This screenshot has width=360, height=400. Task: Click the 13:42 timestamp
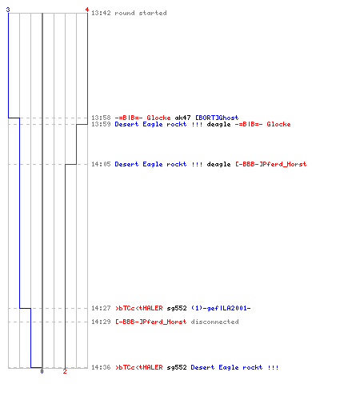point(101,13)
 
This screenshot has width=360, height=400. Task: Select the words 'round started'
point(141,13)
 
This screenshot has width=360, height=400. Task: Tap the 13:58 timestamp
point(101,118)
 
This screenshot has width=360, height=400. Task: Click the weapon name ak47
point(182,118)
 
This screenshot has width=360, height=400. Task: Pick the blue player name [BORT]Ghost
point(217,118)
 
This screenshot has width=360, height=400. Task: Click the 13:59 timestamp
point(101,124)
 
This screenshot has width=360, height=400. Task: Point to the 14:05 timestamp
point(101,164)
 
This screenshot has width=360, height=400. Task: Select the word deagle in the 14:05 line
point(218,164)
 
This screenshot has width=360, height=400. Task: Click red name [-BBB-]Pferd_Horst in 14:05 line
point(271,164)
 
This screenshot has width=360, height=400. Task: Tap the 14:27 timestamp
point(101,308)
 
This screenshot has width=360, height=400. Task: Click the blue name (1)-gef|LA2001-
point(221,308)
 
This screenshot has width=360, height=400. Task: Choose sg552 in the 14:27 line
point(177,309)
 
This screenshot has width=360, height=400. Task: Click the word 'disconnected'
point(214,322)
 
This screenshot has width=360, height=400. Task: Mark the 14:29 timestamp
point(101,322)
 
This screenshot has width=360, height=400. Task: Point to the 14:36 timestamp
point(101,367)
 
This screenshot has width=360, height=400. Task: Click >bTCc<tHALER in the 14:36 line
point(139,367)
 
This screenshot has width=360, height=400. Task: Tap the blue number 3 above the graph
point(8,10)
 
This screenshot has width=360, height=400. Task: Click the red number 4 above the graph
point(87,10)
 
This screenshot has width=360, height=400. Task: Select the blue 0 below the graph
point(42,371)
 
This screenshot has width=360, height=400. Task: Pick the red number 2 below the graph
point(65,371)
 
